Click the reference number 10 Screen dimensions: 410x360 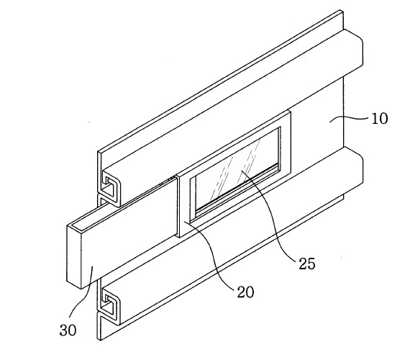click(379, 119)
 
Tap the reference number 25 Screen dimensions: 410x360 click(307, 264)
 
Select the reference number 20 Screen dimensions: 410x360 click(245, 292)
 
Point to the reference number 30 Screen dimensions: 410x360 click(68, 330)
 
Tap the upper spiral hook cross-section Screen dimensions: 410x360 click(110, 189)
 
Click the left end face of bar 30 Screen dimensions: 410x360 click(74, 256)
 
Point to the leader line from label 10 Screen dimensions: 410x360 click(349, 119)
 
